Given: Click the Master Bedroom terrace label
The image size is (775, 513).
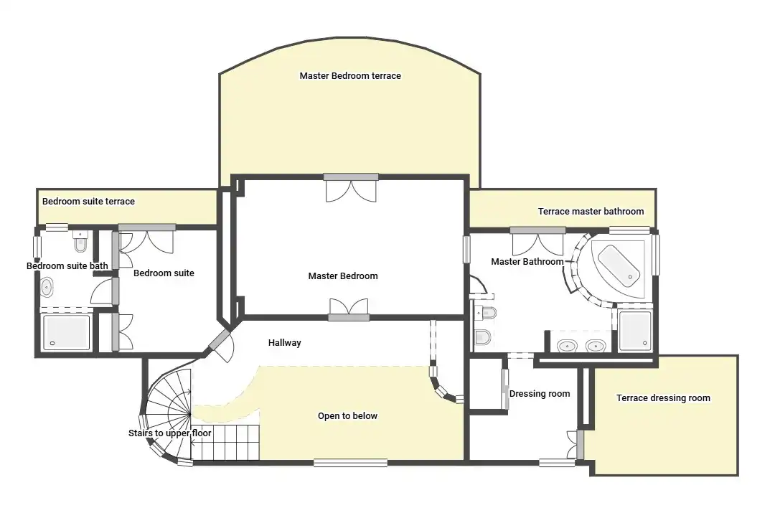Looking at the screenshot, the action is (x=350, y=75).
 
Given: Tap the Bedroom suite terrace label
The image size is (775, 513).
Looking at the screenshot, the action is (x=88, y=201).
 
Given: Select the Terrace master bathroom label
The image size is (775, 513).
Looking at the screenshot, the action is (x=591, y=211).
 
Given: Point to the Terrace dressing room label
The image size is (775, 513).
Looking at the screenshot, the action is (x=663, y=398).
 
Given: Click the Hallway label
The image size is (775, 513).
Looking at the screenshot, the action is (x=284, y=342).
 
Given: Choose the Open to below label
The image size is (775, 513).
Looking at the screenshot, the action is (x=347, y=415).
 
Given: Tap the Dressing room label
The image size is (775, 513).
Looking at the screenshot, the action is (x=539, y=394).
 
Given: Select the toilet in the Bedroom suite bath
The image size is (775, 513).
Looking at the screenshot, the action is (x=80, y=241).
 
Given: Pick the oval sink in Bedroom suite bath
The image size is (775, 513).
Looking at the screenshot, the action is (x=47, y=287).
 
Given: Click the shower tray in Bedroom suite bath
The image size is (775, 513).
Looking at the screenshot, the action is (x=66, y=332).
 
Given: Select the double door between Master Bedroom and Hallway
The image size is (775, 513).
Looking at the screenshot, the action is (x=349, y=310).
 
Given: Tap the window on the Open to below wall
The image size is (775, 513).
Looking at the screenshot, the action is (x=350, y=463).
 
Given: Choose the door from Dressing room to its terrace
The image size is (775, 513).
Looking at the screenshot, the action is (x=576, y=444).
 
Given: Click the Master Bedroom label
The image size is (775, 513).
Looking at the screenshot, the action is (x=343, y=276).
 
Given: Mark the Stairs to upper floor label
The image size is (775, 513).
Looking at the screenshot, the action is (x=169, y=433).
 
